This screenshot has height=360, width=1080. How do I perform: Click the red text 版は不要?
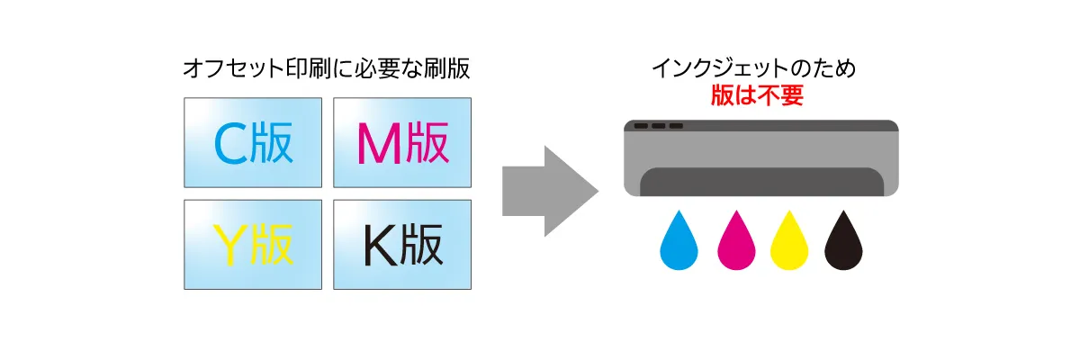coord(757,96)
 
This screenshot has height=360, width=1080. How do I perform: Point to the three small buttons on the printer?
coord(659,126)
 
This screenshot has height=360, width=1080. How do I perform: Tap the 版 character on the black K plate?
coord(421,244)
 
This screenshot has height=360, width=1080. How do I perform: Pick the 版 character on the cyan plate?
coord(272,143)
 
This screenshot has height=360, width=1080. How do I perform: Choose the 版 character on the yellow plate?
coord(272,244)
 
